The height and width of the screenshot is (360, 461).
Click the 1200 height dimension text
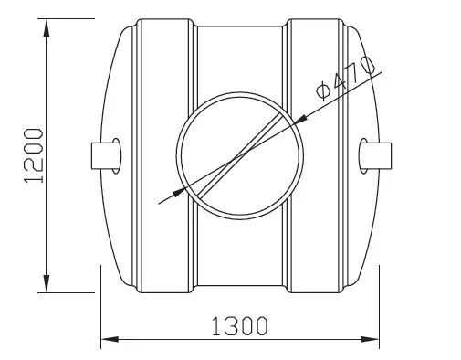(x=33, y=155)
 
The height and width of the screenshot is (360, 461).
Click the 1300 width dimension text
(x=239, y=326)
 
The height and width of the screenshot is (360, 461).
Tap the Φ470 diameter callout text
(x=345, y=78)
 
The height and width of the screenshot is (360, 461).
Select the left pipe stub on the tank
(x=105, y=155)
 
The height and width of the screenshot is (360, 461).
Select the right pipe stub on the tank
(x=377, y=155)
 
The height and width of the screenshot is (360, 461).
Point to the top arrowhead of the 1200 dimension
(x=47, y=28)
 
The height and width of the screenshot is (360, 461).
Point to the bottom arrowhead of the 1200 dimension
(x=47, y=283)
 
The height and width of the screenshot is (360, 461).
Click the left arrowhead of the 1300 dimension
(x=110, y=339)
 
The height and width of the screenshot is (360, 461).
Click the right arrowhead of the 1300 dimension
(x=370, y=339)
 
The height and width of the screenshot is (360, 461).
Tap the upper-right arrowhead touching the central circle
(x=300, y=120)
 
